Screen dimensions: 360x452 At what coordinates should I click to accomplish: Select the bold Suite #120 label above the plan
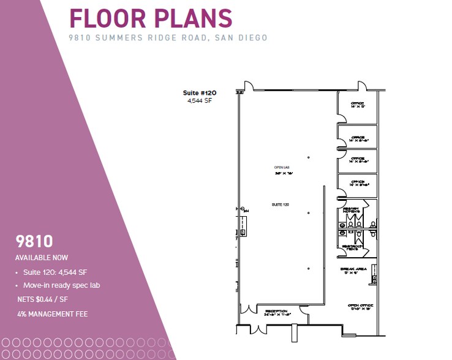pyautogui.click(x=200, y=93)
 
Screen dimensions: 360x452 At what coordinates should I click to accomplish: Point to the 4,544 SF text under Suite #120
pyautogui.click(x=200, y=100)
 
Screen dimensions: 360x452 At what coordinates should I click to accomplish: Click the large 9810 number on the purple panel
pyautogui.click(x=34, y=241)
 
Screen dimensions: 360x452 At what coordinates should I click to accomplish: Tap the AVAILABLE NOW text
pyautogui.click(x=42, y=258)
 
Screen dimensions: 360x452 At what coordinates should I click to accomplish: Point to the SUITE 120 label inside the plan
pyautogui.click(x=281, y=203)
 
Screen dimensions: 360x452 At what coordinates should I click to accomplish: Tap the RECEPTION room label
pyautogui.click(x=277, y=312)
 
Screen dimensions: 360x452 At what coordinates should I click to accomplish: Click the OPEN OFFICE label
pyautogui.click(x=360, y=306)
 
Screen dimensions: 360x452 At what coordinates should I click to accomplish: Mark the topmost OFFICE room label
pyautogui.click(x=358, y=103)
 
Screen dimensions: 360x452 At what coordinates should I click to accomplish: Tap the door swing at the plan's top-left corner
pyautogui.click(x=249, y=86)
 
